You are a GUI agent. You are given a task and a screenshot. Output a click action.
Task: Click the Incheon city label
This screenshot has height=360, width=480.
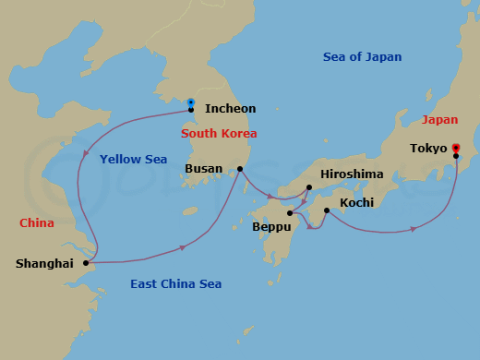point(230,109)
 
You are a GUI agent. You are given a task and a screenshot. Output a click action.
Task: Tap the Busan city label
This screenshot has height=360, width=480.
point(203,170)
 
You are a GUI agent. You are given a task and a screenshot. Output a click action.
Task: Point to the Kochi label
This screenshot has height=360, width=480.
point(355,202)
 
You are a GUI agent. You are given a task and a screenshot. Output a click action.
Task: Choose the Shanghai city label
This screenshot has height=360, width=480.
point(44,264)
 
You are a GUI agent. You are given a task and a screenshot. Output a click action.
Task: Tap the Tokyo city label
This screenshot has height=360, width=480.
point(428,149)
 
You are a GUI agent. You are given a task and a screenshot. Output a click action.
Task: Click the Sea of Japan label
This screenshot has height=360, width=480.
point(362,57)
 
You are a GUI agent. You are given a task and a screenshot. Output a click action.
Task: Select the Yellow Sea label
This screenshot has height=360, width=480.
point(133,160)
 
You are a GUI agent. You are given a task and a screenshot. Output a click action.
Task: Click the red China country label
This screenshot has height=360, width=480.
point(36,223)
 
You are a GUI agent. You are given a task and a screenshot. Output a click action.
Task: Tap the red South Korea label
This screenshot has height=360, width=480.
point(219,134)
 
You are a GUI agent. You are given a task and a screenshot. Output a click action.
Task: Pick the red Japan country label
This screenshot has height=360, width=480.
point(439,120)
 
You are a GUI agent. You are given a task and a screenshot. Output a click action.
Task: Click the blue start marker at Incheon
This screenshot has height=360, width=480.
point(190,102)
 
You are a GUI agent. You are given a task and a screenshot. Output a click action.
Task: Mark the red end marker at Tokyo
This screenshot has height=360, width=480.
point(456,147)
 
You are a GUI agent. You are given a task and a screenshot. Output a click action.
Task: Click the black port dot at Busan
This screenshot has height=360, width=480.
point(240,169)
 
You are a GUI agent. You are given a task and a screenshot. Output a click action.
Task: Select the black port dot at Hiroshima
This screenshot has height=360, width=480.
point(309,187)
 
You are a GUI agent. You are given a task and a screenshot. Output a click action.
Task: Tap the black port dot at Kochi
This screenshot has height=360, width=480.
point(327,210)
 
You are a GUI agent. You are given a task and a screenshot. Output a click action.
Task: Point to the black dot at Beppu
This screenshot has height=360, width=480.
point(290,213)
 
